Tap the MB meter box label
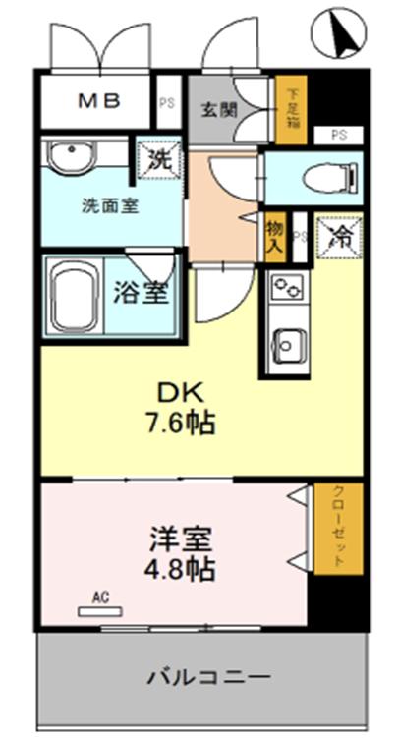pyautogui.click(x=98, y=101)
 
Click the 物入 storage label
pyautogui.click(x=275, y=237)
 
